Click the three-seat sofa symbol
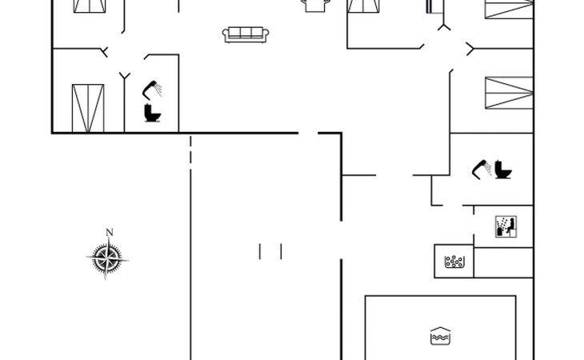pos(246,34)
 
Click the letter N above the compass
pos(110,233)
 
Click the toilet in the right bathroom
pos(503,170)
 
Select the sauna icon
pos(505,226)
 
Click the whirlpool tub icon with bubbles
pos(454,262)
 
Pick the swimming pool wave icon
pos(438,336)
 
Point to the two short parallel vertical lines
pos(270,251)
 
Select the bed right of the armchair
pos(365,6)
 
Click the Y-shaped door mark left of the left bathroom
pos(124,75)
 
